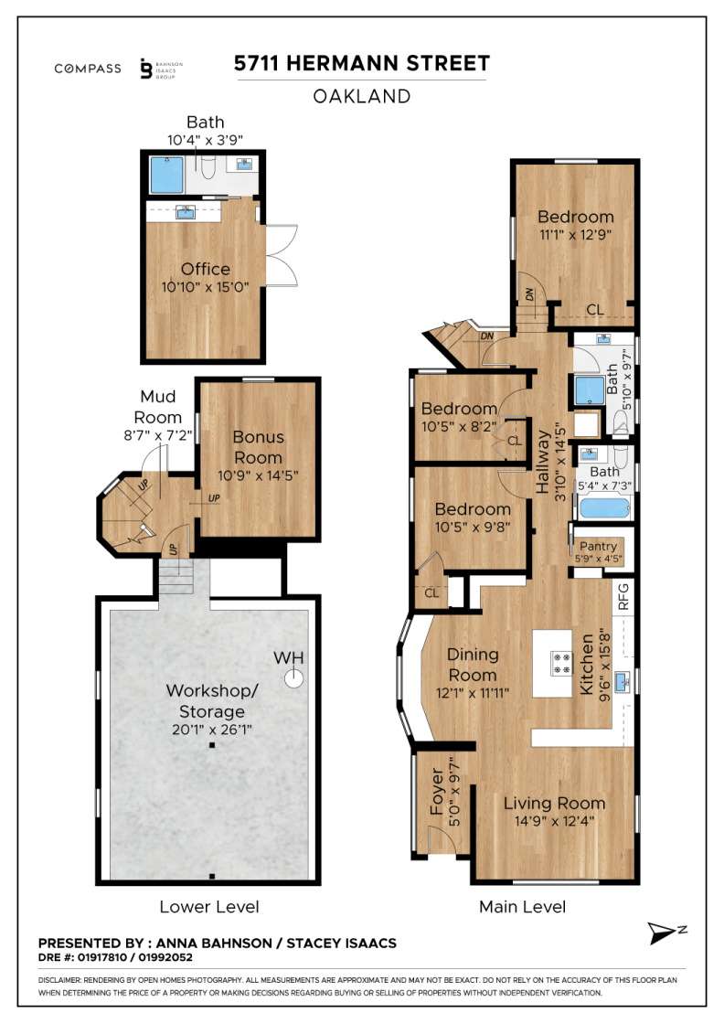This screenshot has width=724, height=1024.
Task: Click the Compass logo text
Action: [x=88, y=69]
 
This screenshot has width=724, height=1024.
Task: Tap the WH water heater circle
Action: [x=294, y=677]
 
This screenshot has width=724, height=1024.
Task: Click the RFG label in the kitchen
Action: [x=623, y=597]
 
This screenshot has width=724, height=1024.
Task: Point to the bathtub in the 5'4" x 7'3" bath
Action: [x=604, y=508]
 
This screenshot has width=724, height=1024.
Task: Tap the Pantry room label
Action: [x=598, y=546]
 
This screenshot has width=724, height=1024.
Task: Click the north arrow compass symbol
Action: [x=664, y=933]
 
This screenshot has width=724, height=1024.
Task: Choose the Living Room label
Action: [x=554, y=804]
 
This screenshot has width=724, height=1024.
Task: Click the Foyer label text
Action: [x=437, y=792]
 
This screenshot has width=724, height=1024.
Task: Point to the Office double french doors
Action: [x=282, y=255]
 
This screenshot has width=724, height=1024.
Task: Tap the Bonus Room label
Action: [x=259, y=447]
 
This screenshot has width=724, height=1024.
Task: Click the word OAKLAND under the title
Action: [x=362, y=97]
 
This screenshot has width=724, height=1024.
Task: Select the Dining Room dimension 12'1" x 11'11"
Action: [x=472, y=693]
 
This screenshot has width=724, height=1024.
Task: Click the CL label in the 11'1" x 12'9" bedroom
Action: [x=595, y=310]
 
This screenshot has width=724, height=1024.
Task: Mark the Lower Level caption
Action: [x=209, y=907]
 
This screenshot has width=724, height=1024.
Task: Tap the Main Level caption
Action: [x=522, y=906]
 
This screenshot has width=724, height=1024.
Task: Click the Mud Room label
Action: [x=158, y=407]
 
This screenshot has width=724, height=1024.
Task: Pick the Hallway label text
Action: [x=543, y=462]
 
